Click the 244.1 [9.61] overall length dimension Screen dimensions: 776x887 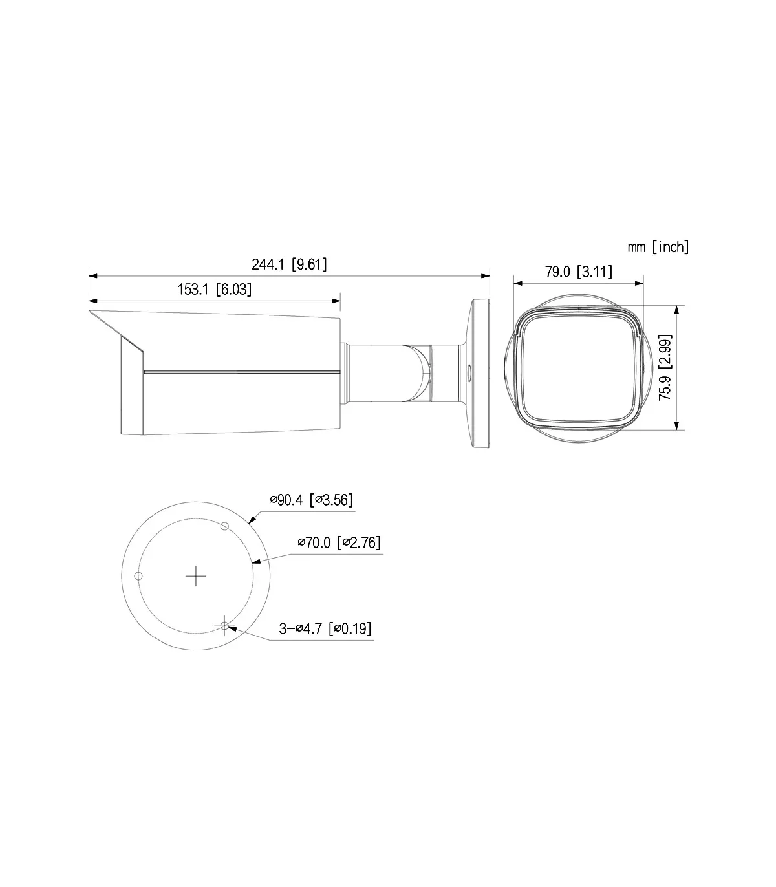289,264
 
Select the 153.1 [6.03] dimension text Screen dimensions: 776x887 214,289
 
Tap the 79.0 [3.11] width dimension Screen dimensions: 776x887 579,272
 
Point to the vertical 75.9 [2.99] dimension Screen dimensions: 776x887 665,367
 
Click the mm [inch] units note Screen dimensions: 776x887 658,247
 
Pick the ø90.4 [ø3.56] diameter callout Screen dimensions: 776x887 311,500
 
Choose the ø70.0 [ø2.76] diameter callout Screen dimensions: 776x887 339,542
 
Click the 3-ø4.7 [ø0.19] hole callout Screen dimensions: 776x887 325,628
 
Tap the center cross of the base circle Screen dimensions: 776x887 196,576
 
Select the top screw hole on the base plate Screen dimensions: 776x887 224,526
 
